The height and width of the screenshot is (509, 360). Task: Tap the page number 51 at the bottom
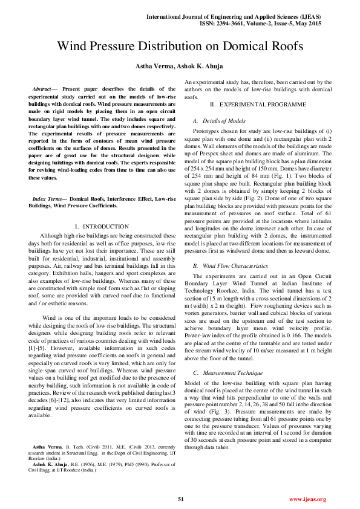pos(180,499)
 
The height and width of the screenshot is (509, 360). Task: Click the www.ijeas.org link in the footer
pos(307,499)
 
